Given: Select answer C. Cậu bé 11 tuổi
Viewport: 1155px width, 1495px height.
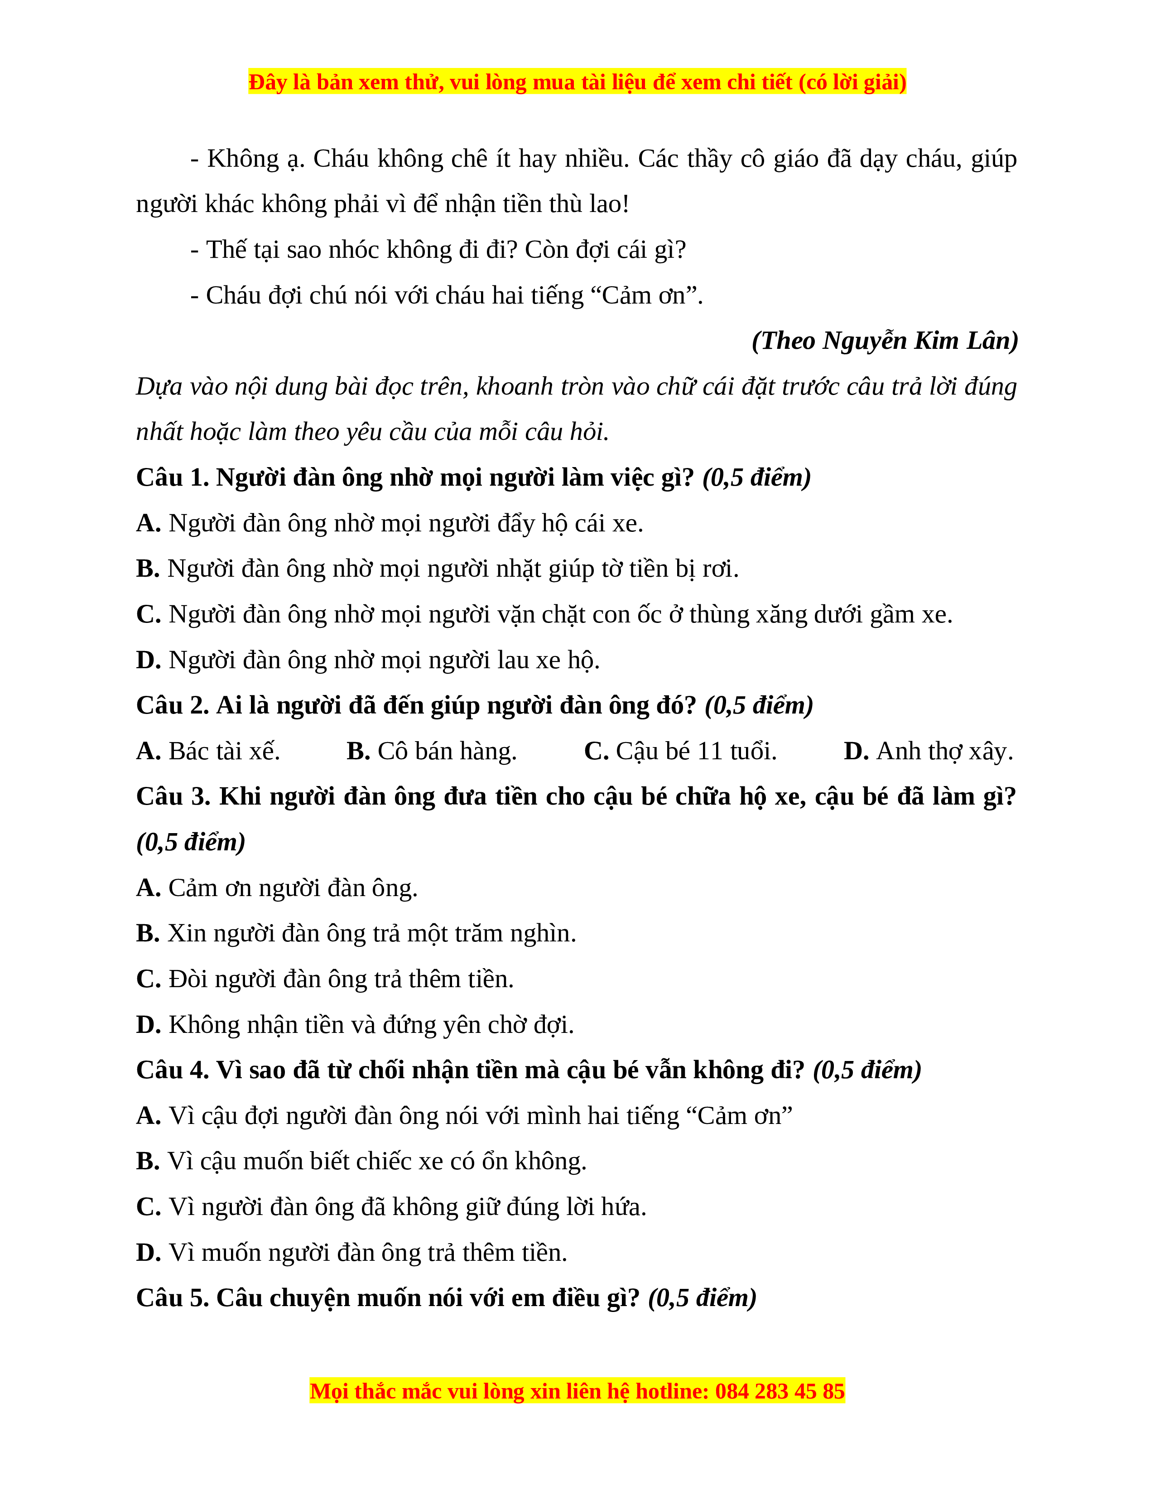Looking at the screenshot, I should coord(680,752).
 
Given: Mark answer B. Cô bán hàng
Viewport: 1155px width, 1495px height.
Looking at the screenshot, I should coord(431,752).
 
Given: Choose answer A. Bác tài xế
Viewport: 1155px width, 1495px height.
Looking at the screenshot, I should coord(208,752).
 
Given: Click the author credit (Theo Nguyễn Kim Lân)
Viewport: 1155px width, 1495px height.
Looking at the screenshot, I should coord(884,341).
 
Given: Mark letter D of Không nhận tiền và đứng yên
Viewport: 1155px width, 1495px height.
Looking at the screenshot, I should coord(148,1025).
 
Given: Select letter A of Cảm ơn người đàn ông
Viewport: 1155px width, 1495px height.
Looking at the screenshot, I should coord(148,888).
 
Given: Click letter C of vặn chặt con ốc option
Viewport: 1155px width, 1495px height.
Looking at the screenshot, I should coord(148,615).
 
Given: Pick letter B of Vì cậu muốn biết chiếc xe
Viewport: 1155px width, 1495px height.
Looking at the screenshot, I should coord(148,1162).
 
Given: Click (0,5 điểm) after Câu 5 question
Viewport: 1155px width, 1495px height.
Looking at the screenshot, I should coord(702,1298).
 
